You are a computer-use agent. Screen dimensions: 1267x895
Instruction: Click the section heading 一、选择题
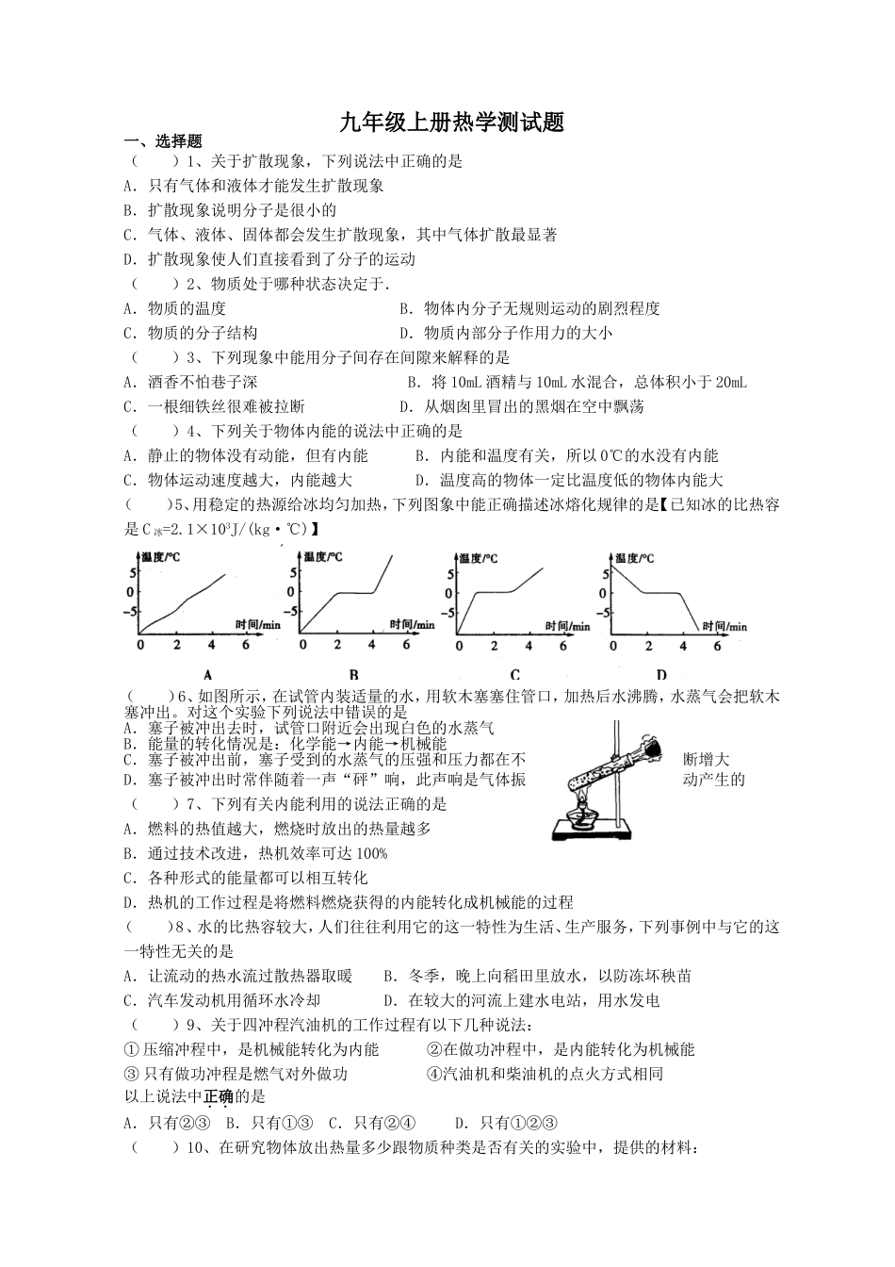[x=164, y=141]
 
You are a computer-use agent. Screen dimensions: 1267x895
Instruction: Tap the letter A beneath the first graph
[x=206, y=674]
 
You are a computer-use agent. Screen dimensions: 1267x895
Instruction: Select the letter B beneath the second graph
[x=354, y=674]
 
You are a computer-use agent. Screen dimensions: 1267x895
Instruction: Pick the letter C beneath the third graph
[x=514, y=674]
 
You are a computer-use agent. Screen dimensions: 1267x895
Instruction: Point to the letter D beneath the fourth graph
[x=661, y=674]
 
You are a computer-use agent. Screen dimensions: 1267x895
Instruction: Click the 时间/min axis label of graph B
[x=413, y=624]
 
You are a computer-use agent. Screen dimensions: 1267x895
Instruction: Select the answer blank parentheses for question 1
[x=154, y=161]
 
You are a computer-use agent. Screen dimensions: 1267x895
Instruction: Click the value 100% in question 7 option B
[x=370, y=853]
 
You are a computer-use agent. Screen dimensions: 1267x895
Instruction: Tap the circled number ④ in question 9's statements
[x=434, y=1074]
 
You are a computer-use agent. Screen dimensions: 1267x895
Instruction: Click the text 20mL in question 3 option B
[x=730, y=382]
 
